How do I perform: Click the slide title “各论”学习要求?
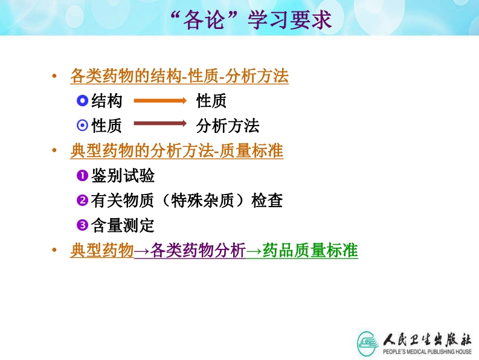pyautogui.click(x=251, y=20)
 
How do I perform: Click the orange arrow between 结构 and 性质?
pyautogui.click(x=160, y=100)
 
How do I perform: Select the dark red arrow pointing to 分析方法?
pyautogui.click(x=160, y=123)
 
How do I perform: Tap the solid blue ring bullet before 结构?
pyautogui.click(x=82, y=100)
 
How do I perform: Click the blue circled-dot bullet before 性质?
pyautogui.click(x=82, y=125)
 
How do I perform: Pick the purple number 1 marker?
pyautogui.click(x=82, y=175)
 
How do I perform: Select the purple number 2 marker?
pyautogui.click(x=82, y=201)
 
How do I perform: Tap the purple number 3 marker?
pyautogui.click(x=82, y=225)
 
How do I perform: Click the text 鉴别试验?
pyautogui.click(x=123, y=175)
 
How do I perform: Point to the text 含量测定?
pyautogui.click(x=123, y=225)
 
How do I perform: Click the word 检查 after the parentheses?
pyautogui.click(x=267, y=201)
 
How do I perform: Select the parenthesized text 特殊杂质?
pyautogui.click(x=202, y=201)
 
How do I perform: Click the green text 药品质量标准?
pyautogui.click(x=310, y=250)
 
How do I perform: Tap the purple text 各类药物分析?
pyautogui.click(x=198, y=250)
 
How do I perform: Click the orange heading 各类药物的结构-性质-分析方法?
pyautogui.click(x=179, y=76)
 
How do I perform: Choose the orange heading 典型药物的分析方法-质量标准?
pyautogui.click(x=177, y=150)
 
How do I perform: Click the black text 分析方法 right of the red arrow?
pyautogui.click(x=228, y=126)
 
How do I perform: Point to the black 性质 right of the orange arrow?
pyautogui.click(x=211, y=101)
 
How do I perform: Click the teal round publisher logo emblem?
pyautogui.click(x=367, y=344)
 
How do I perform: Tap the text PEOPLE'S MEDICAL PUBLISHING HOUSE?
pyautogui.click(x=427, y=352)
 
